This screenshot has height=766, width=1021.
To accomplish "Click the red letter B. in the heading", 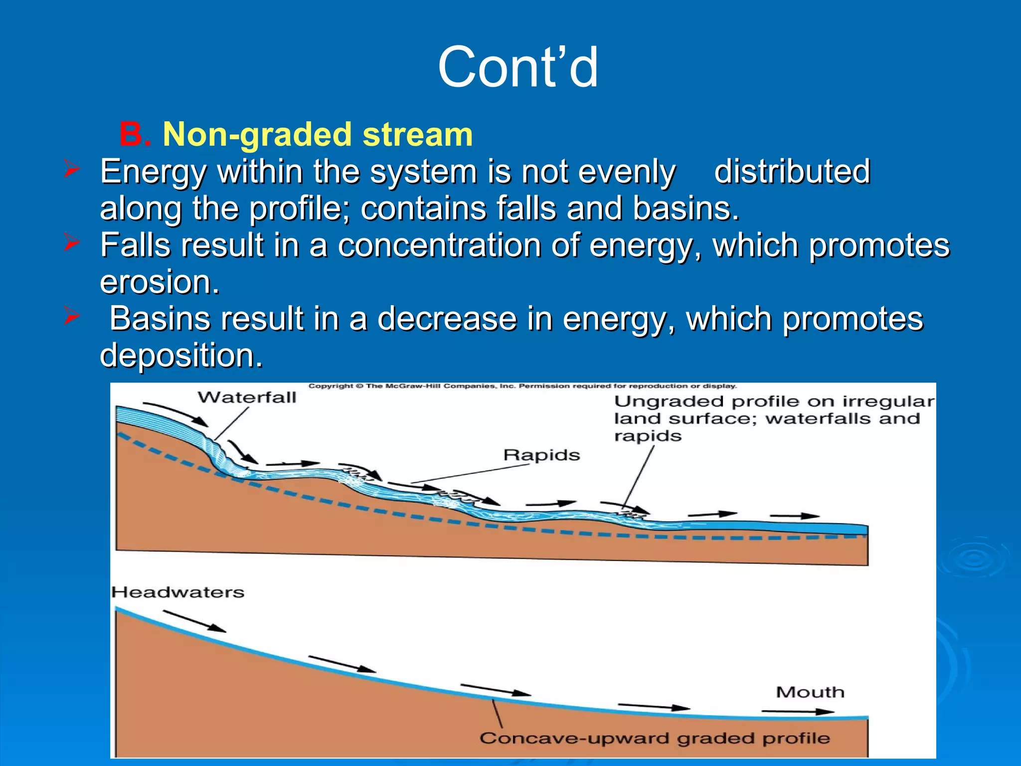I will coord(135,135).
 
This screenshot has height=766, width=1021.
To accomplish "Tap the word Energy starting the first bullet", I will coord(153,172).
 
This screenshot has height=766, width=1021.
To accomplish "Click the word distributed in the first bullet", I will coord(792,172).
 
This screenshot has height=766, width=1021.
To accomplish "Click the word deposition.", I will coord(181,356).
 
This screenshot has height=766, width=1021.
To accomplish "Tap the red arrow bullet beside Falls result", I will coord(72,243).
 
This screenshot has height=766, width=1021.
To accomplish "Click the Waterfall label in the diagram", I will coord(247,397).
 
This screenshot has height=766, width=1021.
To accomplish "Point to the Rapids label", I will coord(541,455).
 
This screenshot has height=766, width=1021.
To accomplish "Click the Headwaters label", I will coord(178,592).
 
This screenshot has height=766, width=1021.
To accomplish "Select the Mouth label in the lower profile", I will coord(810,692).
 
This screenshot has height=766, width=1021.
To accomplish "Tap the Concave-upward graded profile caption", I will coord(655,739).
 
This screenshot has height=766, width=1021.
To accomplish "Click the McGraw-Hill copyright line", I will coord(522,386).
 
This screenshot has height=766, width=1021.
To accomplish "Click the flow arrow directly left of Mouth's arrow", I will coord(654,706).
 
